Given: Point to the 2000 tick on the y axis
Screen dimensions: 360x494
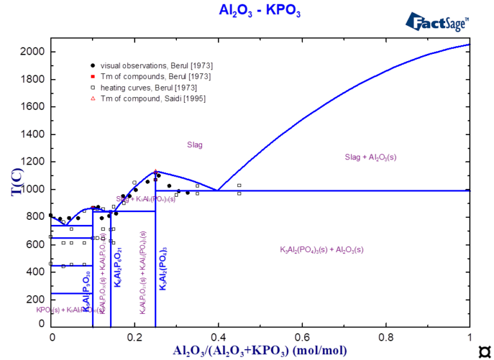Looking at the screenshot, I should tap(51, 52).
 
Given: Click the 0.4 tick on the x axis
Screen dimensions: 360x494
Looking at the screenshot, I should tap(219, 327).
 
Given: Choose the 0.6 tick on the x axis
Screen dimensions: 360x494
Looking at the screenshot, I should tap(302, 327).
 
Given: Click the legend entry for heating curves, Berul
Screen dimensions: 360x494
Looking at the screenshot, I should tap(149, 87).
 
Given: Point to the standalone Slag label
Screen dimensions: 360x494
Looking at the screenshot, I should tap(194, 145).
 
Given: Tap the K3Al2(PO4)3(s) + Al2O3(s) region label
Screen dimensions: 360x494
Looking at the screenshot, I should tap(322, 250).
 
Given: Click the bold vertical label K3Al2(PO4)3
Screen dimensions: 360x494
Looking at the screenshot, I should tap(163, 269).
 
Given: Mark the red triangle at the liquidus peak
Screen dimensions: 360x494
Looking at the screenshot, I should tap(156, 172).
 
